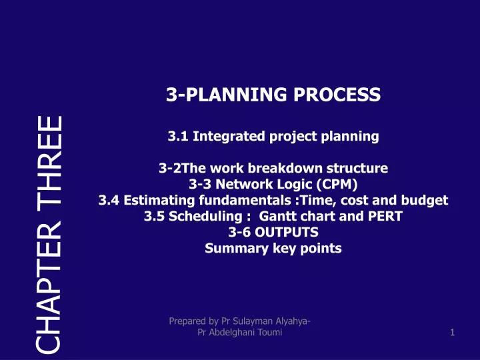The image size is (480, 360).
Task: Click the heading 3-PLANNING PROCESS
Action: pyautogui.click(x=273, y=95)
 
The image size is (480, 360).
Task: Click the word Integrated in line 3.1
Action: pyautogui.click(x=219, y=137)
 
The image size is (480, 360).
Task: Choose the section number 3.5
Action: pyautogui.click(x=154, y=216)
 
